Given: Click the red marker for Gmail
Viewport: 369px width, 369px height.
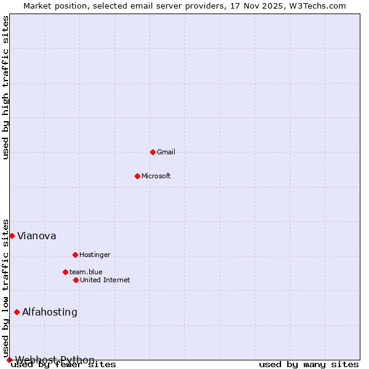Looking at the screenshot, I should (x=153, y=152).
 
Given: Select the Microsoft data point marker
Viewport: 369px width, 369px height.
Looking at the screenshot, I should (x=137, y=176).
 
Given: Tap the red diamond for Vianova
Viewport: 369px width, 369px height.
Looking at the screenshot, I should (x=12, y=236).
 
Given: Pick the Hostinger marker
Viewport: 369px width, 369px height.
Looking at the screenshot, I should (x=75, y=255).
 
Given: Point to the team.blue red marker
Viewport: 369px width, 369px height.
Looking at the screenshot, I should (x=65, y=272).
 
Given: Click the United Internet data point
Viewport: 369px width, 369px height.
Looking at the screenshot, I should (x=76, y=280).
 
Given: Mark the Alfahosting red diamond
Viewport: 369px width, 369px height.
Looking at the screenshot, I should (x=17, y=312).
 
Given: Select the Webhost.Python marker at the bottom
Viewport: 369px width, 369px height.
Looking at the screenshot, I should (x=9, y=360).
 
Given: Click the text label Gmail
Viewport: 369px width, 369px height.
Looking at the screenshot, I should (x=166, y=152).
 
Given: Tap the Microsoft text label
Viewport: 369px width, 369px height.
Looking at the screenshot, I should (x=156, y=176).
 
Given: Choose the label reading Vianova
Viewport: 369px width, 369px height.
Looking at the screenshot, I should (x=37, y=236).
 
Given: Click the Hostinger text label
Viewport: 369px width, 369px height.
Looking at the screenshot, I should (x=95, y=255).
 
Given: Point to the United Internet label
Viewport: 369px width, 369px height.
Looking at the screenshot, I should (x=105, y=280).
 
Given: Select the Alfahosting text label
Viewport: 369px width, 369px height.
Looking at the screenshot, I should (x=50, y=312).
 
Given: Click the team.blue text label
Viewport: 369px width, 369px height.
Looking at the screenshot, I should (x=86, y=272).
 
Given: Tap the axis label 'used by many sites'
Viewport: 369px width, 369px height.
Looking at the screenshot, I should (x=309, y=364).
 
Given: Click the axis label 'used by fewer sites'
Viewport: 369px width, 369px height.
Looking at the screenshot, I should (x=64, y=365).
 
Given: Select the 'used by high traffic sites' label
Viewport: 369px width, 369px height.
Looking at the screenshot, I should (x=6, y=87).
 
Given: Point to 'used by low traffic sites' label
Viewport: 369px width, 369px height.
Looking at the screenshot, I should (x=6, y=288).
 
